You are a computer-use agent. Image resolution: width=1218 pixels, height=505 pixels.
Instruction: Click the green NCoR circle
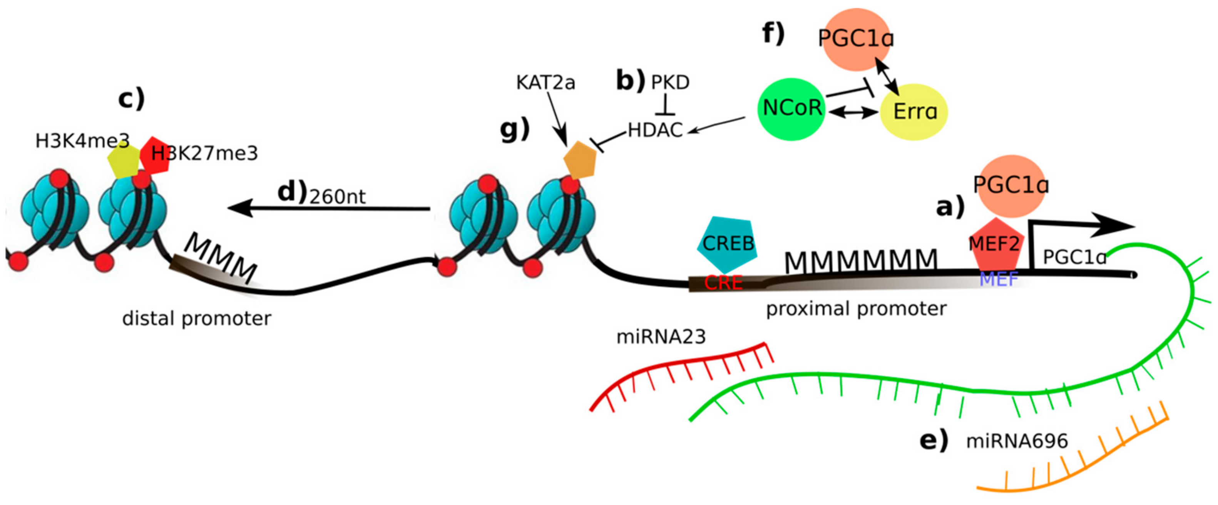tap(791, 109)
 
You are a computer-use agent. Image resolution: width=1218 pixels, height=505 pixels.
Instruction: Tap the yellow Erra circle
tap(913, 112)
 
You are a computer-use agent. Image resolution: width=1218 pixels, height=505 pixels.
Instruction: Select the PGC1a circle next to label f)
tap(856, 39)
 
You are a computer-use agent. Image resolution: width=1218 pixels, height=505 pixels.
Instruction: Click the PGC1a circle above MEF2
tap(1010, 186)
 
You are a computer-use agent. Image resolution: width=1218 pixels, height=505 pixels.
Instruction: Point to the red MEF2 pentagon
tap(995, 246)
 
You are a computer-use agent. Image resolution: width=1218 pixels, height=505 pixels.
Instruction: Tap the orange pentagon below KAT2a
tap(580, 160)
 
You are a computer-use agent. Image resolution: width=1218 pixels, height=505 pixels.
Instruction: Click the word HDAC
tap(655, 130)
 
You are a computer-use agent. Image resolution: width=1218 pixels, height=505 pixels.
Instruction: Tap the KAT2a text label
tap(545, 83)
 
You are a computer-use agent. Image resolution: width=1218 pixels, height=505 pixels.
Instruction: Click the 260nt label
tap(338, 197)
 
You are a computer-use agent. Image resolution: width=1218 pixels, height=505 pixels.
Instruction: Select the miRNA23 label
tap(661, 337)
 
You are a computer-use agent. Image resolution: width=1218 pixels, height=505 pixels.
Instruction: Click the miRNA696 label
tap(1017, 441)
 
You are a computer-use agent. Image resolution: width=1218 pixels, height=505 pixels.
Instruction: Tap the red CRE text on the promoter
tap(723, 283)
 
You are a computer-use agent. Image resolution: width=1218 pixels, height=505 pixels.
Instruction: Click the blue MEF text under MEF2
tap(998, 279)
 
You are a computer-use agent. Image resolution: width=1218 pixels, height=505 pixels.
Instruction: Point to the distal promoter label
tap(197, 318)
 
